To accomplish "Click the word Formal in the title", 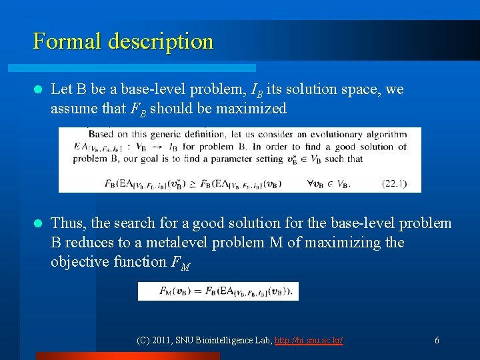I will [x=64, y=41].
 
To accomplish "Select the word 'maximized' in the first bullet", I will [x=254, y=108].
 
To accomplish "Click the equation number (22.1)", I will [x=394, y=183].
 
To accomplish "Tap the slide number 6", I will [x=437, y=341].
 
